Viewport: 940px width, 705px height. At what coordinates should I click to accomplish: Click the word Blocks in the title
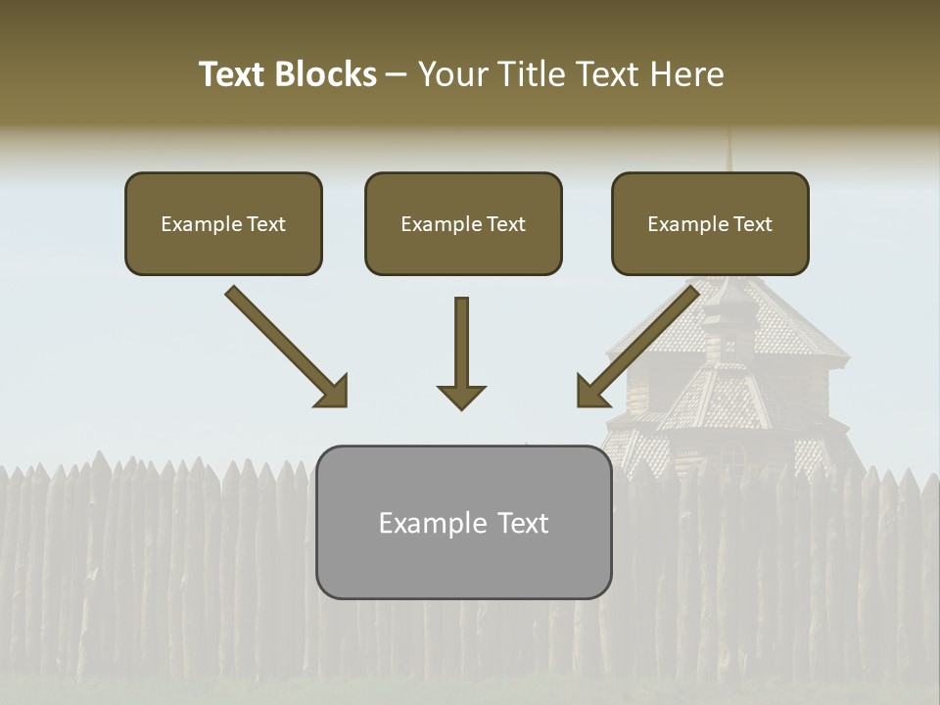coord(324,74)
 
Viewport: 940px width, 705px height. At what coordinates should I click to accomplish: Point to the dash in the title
coord(397,74)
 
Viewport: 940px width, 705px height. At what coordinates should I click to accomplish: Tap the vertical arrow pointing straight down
coord(461,343)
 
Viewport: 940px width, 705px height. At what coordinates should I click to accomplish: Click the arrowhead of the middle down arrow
coord(461,397)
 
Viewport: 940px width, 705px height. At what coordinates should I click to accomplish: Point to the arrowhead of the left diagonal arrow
coord(333,392)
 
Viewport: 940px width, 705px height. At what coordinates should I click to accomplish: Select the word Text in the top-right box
coord(752,224)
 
